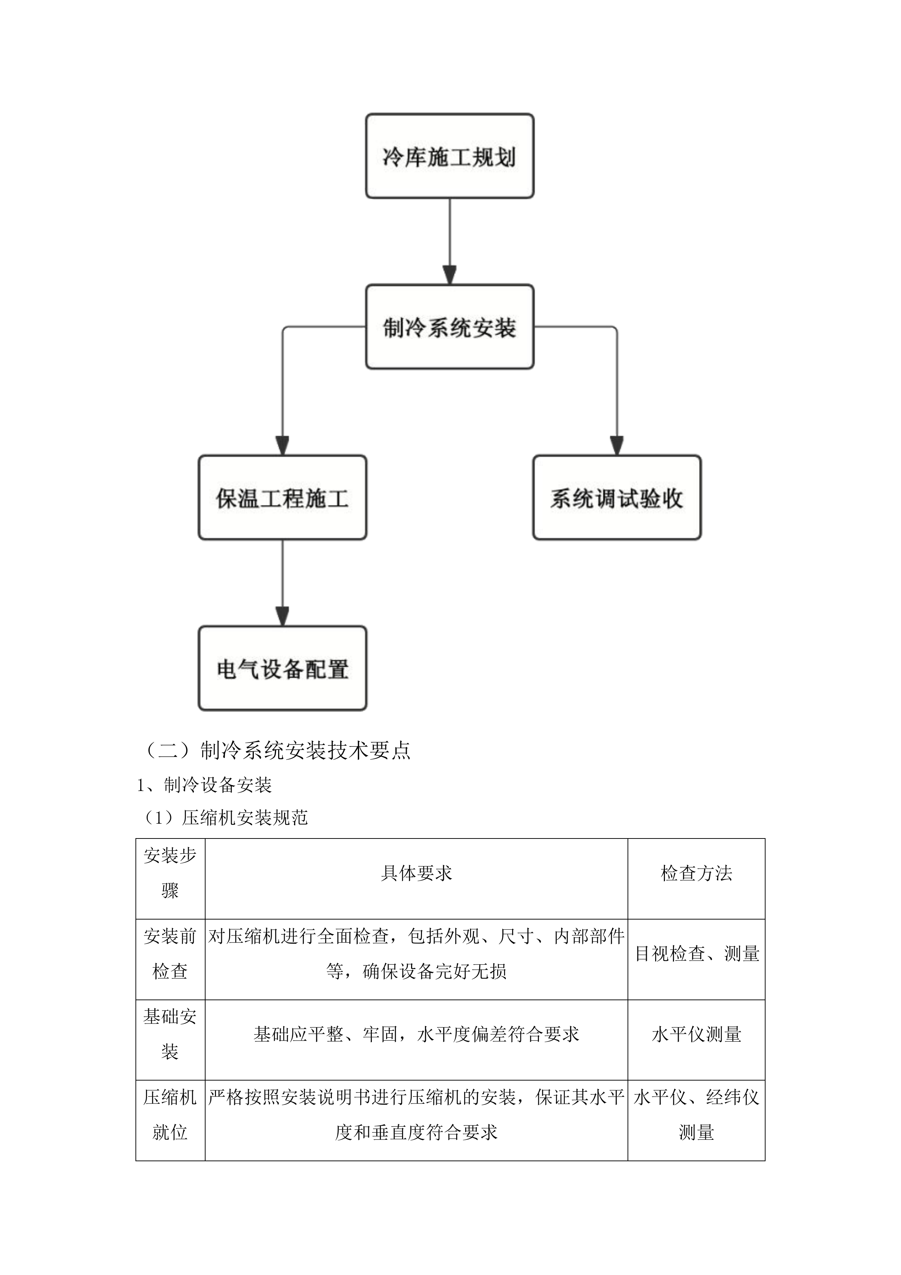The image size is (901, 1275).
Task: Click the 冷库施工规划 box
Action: pyautogui.click(x=449, y=156)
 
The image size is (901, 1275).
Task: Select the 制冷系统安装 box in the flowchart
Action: pyautogui.click(x=449, y=327)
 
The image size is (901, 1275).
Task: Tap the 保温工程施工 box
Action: pyautogui.click(x=283, y=498)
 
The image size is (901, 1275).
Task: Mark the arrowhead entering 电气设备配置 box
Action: pyautogui.click(x=283, y=617)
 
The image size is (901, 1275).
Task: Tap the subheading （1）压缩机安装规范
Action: pyautogui.click(x=225, y=817)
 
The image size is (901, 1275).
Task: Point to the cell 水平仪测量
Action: pyautogui.click(x=696, y=1034)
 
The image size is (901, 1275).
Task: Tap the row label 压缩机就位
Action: pyautogui.click(x=170, y=1114)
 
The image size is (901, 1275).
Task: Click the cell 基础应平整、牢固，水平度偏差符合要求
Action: pyautogui.click(x=416, y=1034)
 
